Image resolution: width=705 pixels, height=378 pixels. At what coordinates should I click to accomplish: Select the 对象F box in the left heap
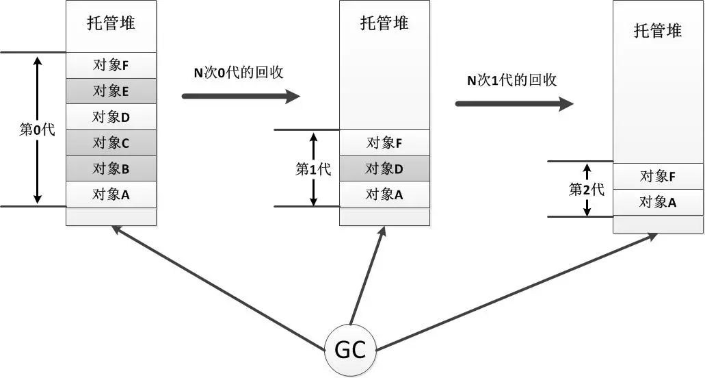pos(111,66)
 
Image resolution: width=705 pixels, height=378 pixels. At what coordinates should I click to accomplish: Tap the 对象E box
pos(111,91)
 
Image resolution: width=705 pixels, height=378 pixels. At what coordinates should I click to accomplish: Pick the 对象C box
pos(111,142)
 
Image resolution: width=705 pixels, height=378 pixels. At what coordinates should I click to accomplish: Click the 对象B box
pos(111,168)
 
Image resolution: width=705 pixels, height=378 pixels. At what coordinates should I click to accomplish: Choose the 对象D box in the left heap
pos(111,117)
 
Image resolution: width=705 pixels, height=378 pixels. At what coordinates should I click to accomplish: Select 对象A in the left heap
pos(111,194)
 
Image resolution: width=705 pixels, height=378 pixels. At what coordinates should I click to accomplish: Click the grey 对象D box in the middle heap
pos(384,168)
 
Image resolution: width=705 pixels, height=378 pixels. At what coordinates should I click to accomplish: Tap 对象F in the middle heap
pos(384,142)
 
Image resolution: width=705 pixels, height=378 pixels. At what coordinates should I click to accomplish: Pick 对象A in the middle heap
pos(384,194)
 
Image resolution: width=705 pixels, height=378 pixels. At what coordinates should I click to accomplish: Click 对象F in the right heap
pos(658,176)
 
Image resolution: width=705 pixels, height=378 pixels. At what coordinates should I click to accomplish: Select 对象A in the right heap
pos(658,202)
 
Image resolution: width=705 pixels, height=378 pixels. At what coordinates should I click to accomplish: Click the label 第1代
pos(313,169)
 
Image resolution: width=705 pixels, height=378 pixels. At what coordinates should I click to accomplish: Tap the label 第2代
pos(587,189)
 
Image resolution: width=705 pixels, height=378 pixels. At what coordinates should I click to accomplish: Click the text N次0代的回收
pos(238,71)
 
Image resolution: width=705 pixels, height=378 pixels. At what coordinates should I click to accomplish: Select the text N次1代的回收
pos(511,79)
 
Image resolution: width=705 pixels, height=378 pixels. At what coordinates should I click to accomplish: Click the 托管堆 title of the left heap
pos(111,23)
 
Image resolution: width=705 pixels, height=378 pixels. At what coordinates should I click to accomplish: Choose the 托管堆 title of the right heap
pos(658,30)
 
